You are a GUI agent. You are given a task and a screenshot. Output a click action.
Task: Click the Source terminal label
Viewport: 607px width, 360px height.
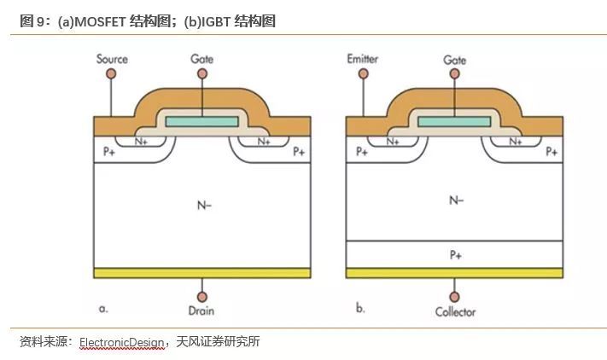pyautogui.click(x=112, y=59)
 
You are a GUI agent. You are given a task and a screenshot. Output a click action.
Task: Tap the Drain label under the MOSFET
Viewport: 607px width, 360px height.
pyautogui.click(x=201, y=311)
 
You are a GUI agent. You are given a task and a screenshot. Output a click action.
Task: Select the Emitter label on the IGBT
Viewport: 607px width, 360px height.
pyautogui.click(x=363, y=59)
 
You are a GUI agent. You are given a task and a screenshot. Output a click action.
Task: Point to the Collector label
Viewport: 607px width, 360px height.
pyautogui.click(x=455, y=311)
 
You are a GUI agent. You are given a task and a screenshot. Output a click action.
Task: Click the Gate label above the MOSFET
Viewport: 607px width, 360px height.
pyautogui.click(x=202, y=59)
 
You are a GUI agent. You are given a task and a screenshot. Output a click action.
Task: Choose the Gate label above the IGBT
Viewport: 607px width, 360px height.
pyautogui.click(x=455, y=60)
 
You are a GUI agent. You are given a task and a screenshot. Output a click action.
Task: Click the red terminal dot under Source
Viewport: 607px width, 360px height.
pyautogui.click(x=110, y=74)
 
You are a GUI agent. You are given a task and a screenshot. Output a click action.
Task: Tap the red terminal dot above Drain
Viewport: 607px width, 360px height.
pyautogui.click(x=201, y=294)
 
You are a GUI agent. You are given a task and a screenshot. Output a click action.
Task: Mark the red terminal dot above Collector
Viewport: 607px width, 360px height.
pyautogui.click(x=455, y=294)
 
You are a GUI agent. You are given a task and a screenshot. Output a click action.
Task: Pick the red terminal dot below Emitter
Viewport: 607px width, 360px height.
pyautogui.click(x=363, y=74)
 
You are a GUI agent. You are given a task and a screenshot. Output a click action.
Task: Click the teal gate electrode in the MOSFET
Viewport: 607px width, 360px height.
pyautogui.click(x=202, y=122)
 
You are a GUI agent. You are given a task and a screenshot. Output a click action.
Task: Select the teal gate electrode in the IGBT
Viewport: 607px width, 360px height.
pyautogui.click(x=455, y=122)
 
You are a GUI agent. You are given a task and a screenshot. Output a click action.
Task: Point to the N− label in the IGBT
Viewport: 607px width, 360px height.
pyautogui.click(x=455, y=200)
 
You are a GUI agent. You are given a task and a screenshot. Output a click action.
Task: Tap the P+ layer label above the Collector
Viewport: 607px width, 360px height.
pyautogui.click(x=455, y=253)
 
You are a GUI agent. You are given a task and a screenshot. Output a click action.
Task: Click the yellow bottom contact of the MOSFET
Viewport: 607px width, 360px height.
pyautogui.click(x=201, y=273)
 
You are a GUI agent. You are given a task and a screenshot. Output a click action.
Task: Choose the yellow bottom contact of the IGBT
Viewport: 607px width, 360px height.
pyautogui.click(x=455, y=273)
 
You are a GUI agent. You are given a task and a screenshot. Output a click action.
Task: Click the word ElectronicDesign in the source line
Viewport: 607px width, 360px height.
pyautogui.click(x=121, y=342)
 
